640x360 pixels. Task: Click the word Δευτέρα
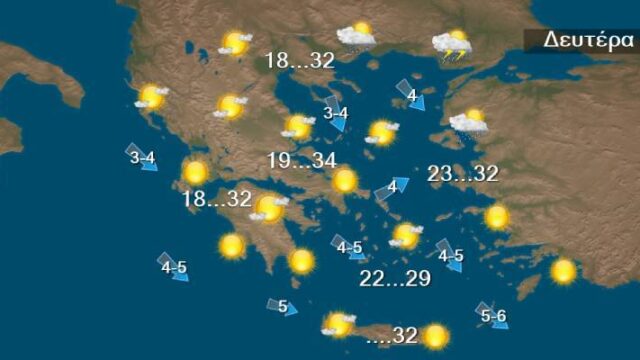pyautogui.click(x=589, y=40)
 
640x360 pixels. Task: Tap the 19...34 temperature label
pyautogui.click(x=301, y=160)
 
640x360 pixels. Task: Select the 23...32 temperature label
pyautogui.click(x=462, y=174)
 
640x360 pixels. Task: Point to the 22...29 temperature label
pyautogui.click(x=395, y=279)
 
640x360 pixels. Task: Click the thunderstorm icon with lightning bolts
pyautogui.click(x=453, y=45)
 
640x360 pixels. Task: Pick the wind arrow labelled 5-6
pyautogui.click(x=493, y=316)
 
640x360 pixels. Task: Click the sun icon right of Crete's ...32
pyautogui.click(x=435, y=335)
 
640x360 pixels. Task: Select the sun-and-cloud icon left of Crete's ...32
pyautogui.click(x=339, y=324)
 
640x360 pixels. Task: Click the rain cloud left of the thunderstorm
pyautogui.click(x=357, y=37)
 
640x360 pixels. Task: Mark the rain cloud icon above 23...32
pyautogui.click(x=468, y=122)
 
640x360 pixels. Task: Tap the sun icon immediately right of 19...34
pyautogui.click(x=344, y=181)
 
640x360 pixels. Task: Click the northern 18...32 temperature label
pyautogui.click(x=299, y=61)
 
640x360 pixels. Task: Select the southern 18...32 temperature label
pyautogui.click(x=216, y=199)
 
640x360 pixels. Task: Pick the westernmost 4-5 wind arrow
pyautogui.click(x=174, y=267)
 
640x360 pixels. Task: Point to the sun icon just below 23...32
pyautogui.click(x=497, y=216)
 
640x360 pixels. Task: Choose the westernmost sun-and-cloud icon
pyautogui.click(x=151, y=97)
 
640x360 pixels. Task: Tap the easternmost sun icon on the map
pyautogui.click(x=564, y=270)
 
